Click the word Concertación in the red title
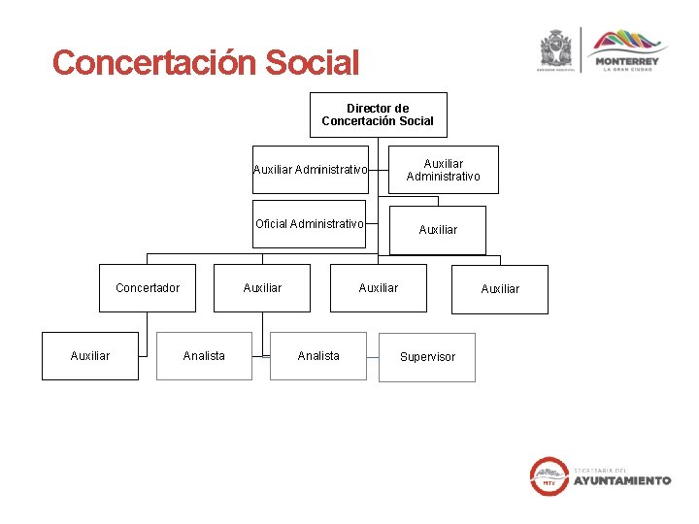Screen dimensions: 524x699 pos(142,64)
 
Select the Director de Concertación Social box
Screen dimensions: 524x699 pos(378,115)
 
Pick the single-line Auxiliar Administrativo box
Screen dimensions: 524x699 pos(311,170)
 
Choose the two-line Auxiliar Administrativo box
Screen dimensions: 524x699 pos(443,170)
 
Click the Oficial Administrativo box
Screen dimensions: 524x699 pos(310,224)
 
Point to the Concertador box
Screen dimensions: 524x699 pos(148,288)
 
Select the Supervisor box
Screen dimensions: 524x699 pos(427,357)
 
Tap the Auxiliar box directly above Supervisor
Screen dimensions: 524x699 pos(378,288)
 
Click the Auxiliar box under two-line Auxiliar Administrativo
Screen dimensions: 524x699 pos(438,230)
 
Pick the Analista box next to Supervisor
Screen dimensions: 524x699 pos(318,356)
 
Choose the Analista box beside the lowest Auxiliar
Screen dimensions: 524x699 pos(204,356)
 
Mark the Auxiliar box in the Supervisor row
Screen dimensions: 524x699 pos(90,356)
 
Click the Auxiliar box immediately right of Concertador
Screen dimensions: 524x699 pos(262,288)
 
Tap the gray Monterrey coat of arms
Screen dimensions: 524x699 pos(556,49)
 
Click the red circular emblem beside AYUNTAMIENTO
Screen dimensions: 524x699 pos(549,475)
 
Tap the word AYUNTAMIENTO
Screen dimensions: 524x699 pos(621,480)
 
